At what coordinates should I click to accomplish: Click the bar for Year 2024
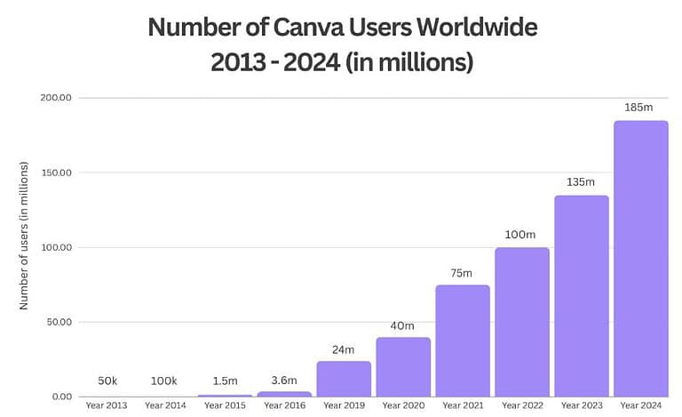[x=640, y=259]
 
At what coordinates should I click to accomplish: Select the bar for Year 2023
[x=582, y=296]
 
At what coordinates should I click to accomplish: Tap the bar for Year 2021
[x=463, y=341]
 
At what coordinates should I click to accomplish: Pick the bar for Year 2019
[x=344, y=379]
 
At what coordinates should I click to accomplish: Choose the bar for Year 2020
[x=403, y=366]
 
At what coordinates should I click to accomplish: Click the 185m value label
[x=640, y=108]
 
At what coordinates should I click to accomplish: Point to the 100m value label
[x=521, y=235]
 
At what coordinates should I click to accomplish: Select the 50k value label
[x=106, y=381]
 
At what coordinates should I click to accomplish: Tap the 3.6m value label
[x=284, y=381]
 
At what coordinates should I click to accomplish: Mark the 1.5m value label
[x=225, y=381]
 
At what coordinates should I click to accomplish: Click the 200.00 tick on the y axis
[x=56, y=98]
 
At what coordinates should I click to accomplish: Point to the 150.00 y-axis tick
[x=56, y=172]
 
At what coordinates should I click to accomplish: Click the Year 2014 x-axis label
[x=165, y=406]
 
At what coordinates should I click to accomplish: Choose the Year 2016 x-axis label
[x=284, y=406]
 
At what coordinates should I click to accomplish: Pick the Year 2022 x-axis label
[x=521, y=406]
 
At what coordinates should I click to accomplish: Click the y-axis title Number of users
[x=25, y=236]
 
